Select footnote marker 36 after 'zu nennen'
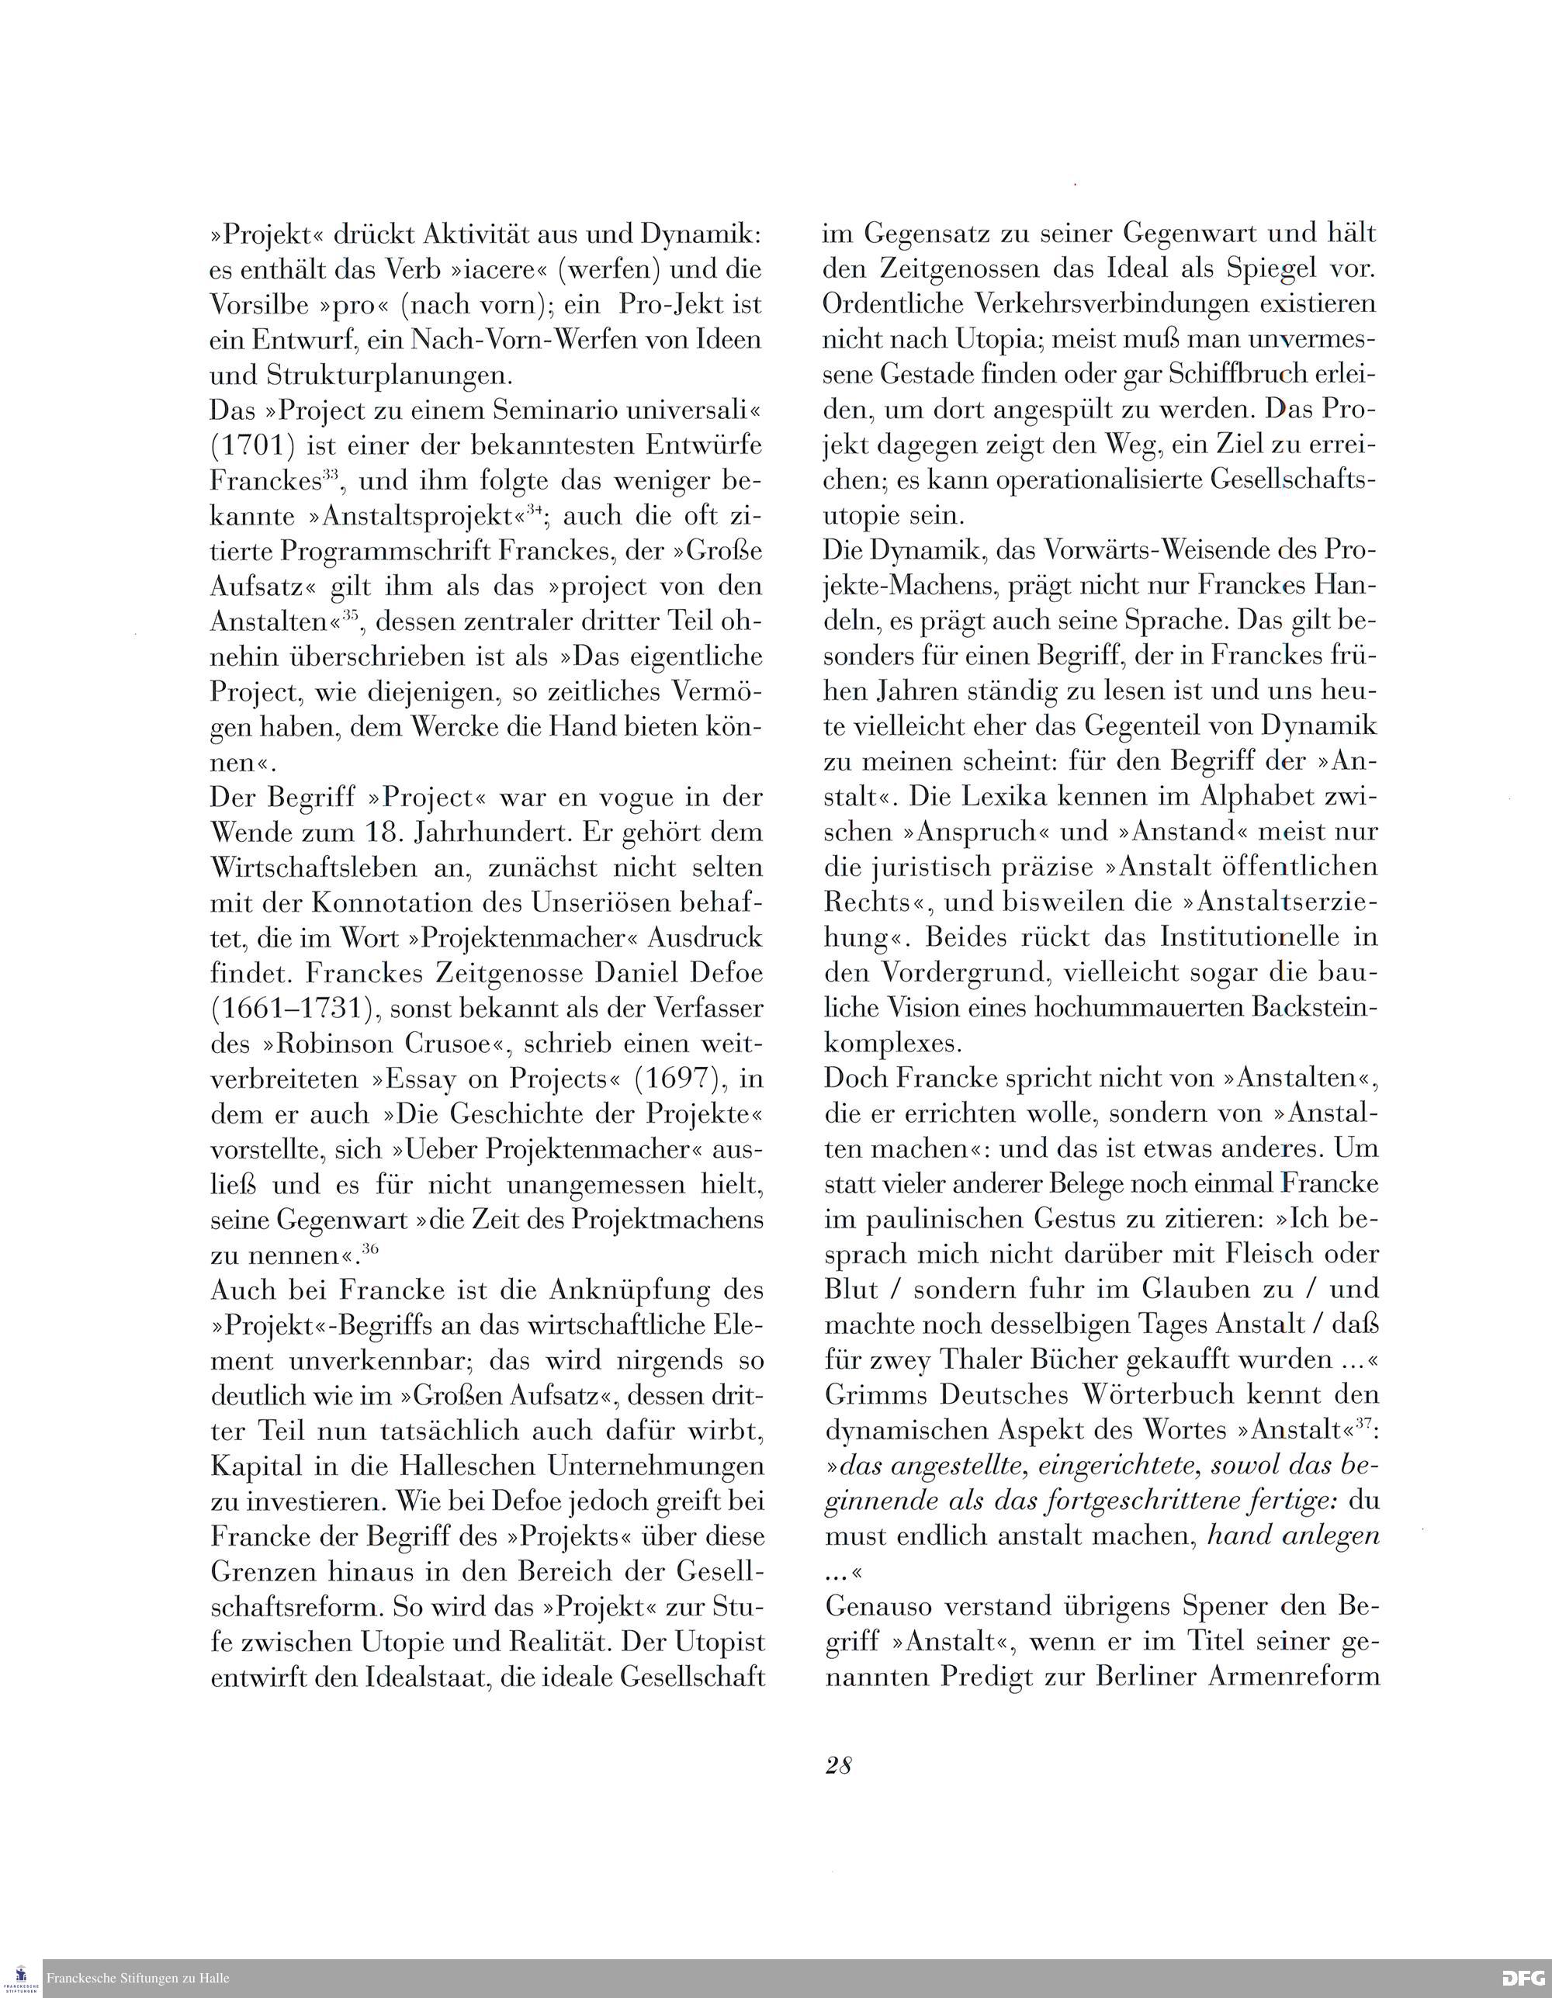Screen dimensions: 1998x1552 (x=369, y=1248)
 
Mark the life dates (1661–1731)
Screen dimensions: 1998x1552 (x=287, y=1008)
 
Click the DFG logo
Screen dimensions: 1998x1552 (x=1523, y=1979)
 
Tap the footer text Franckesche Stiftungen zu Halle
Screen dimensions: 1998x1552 (x=138, y=1979)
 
